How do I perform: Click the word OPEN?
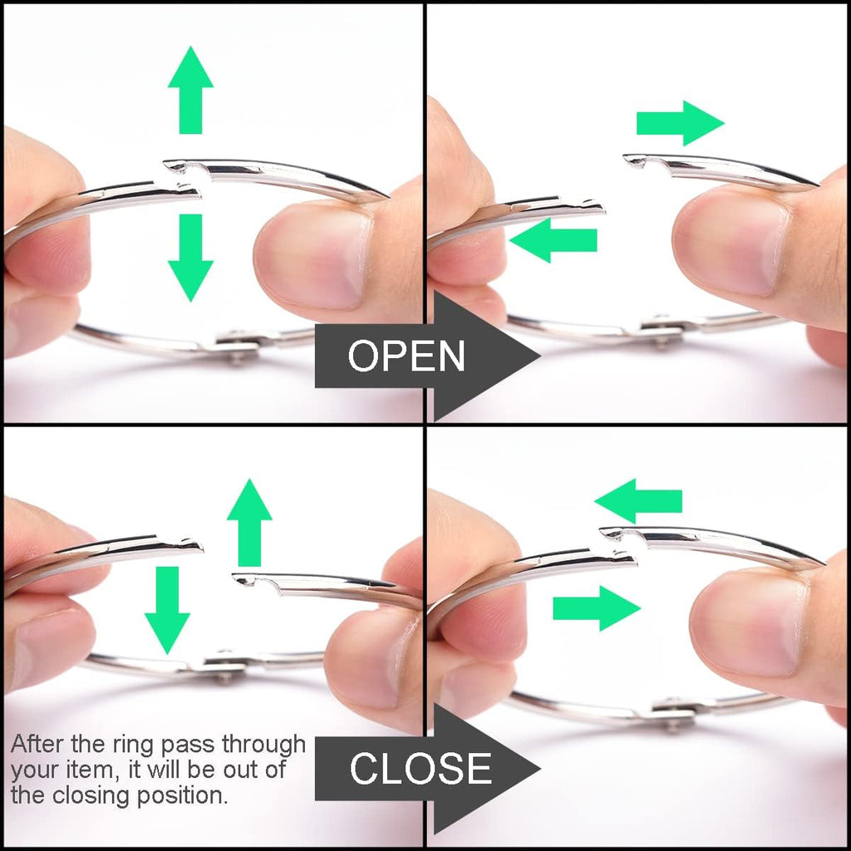(406, 356)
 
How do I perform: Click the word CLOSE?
(421, 769)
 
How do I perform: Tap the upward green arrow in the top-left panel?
(190, 90)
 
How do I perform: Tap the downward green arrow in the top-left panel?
(190, 258)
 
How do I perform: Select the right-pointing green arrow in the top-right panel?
(680, 123)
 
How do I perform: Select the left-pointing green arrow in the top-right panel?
(553, 240)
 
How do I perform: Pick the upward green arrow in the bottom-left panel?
(249, 523)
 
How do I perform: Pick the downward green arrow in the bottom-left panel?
(167, 611)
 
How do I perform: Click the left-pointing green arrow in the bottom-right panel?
(638, 501)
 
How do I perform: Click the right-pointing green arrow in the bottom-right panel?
(597, 608)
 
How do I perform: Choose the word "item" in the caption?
(89, 770)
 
